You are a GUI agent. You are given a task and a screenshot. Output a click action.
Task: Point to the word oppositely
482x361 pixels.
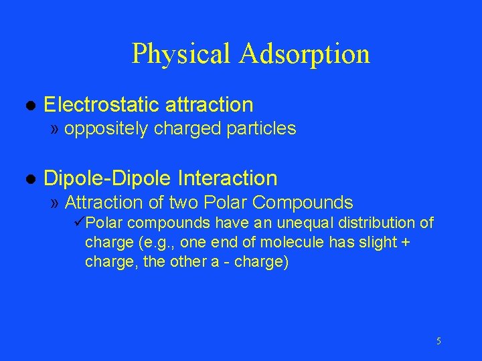pos(106,129)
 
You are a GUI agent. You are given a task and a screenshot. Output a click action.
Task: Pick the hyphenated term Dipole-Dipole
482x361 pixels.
pos(108,178)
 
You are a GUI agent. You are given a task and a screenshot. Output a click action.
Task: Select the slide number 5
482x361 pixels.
pos(438,342)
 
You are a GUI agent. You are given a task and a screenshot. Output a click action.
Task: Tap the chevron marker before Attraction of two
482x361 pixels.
pos(54,203)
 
